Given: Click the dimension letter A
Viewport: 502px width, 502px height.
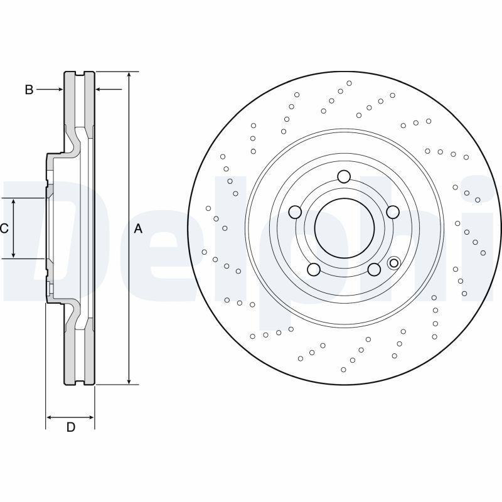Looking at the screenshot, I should coord(139,229).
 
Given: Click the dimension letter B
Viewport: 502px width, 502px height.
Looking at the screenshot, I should coord(29,90).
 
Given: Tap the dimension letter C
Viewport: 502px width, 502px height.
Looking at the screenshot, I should coord(4,228).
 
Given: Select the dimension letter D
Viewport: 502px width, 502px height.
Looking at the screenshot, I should coord(71,427).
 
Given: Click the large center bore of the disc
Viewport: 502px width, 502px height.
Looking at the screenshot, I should coord(343,227).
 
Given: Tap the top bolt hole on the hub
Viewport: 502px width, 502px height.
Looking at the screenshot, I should coord(343,177).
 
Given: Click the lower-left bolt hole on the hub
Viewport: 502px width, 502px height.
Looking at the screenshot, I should coord(314,269).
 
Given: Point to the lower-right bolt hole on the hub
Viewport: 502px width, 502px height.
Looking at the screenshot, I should coord(373,269).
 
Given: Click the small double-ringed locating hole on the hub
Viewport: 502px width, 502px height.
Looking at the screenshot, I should coord(394,262).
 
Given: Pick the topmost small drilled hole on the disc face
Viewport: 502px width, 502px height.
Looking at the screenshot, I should coord(350,83).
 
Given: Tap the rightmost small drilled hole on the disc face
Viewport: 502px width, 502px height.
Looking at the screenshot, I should coord(483,253).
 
